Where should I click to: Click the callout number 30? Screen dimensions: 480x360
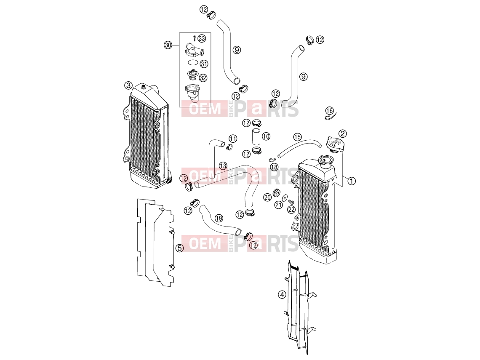pyautogui.click(x=168, y=45)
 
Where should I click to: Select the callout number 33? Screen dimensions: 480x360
pyautogui.click(x=202, y=38)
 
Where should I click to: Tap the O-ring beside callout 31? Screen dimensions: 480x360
pyautogui.click(x=192, y=62)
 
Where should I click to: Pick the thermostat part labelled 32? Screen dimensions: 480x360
pyautogui.click(x=192, y=75)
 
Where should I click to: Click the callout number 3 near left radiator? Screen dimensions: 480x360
pyautogui.click(x=128, y=85)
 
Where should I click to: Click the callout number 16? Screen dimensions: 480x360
pyautogui.click(x=329, y=110)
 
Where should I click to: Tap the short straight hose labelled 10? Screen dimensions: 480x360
pyautogui.click(x=256, y=136)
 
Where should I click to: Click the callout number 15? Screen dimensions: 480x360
pyautogui.click(x=297, y=137)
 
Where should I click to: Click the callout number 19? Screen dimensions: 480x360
pyautogui.click(x=219, y=218)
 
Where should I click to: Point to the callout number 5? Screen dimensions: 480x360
pyautogui.click(x=180, y=248)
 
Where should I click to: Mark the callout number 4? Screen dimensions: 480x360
pyautogui.click(x=282, y=295)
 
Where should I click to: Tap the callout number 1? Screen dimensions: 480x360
pyautogui.click(x=352, y=181)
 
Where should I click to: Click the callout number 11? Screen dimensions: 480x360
pyautogui.click(x=233, y=139)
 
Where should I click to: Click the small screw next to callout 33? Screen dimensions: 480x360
pyautogui.click(x=195, y=38)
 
